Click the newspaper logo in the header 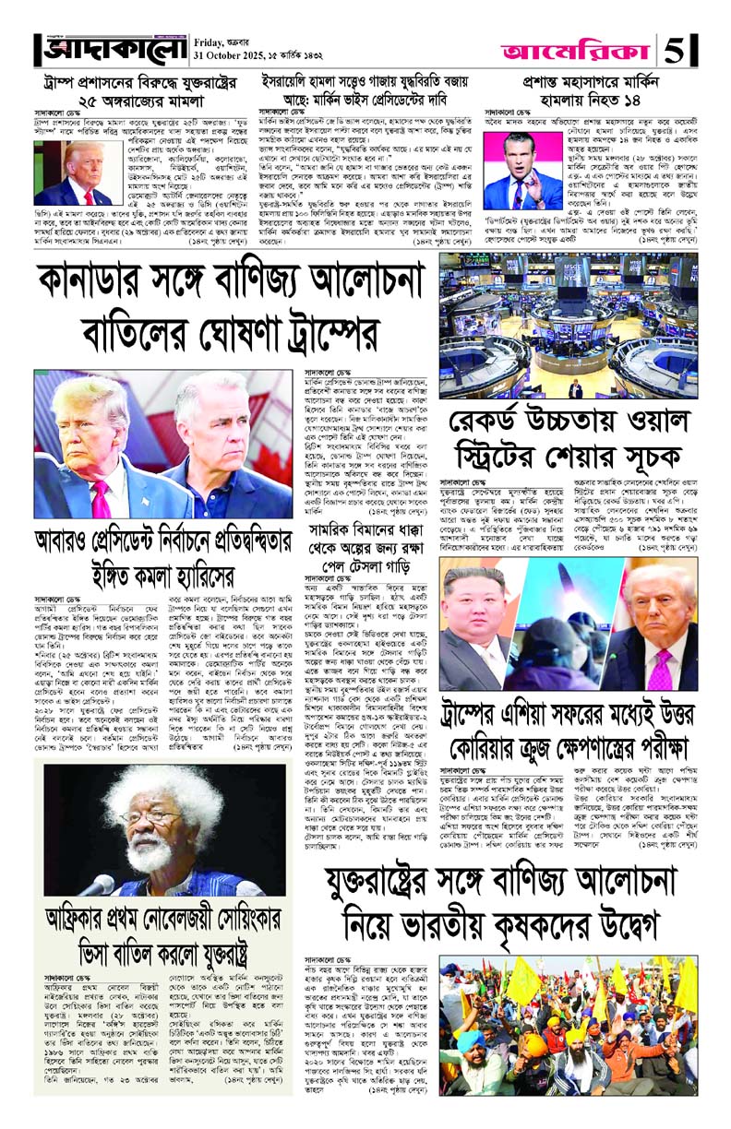pyautogui.click(x=108, y=49)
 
